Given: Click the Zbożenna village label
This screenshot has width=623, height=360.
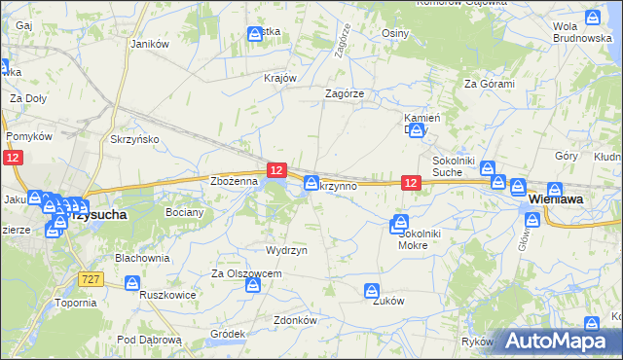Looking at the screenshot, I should tap(234, 181).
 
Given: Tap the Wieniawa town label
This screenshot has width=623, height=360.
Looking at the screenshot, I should tap(555, 198).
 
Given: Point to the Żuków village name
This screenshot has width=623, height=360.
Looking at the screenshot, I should tap(388, 301).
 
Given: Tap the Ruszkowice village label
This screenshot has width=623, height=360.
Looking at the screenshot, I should tap(168, 294).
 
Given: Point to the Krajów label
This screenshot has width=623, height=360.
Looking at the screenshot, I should tap(279, 79).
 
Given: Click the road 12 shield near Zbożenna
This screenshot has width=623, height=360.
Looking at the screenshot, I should tap(277, 170).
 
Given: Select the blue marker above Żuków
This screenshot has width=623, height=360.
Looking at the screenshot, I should tap(371, 290).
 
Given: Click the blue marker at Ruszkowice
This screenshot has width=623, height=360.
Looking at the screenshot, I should tap(132, 283).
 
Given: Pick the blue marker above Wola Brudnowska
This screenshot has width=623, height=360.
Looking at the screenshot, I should tap(593, 17).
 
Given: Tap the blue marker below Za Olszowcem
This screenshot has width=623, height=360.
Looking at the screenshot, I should tap(252, 286).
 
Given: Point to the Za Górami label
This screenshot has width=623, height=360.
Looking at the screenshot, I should tap(489, 84).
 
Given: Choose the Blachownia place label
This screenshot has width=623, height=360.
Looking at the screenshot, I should tap(143, 258).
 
